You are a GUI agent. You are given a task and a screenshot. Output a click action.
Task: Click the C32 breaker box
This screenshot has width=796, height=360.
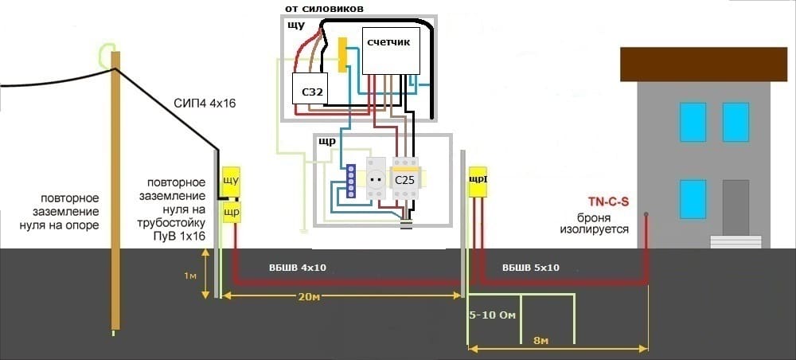[x=312, y=92]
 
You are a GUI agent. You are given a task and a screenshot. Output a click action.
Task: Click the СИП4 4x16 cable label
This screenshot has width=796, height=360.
[x=205, y=104]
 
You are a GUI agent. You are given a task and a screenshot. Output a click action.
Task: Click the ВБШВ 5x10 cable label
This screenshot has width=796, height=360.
[x=532, y=268]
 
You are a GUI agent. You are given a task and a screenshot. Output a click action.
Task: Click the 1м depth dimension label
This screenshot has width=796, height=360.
[x=189, y=275]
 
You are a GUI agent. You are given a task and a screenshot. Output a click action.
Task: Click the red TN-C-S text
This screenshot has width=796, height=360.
[x=608, y=202]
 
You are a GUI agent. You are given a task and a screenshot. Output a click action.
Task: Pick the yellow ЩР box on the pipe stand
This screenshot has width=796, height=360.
[x=231, y=212]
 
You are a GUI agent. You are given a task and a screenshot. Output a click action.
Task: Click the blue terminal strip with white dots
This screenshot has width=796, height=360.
[x=349, y=182]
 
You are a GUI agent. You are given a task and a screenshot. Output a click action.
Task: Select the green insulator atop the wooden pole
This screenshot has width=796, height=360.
[x=107, y=53]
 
